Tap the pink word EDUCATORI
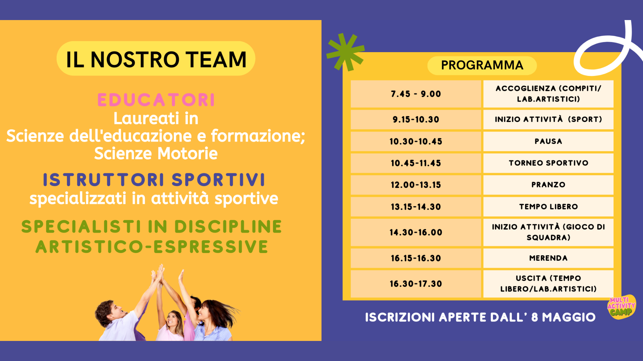(x=156, y=100)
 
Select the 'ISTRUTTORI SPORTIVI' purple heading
(x=154, y=179)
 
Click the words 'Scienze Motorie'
(x=156, y=153)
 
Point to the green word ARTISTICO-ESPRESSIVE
(x=152, y=247)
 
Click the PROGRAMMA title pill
(x=482, y=65)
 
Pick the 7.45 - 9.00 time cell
(x=416, y=94)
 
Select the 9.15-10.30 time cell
(x=416, y=119)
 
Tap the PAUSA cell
(x=548, y=141)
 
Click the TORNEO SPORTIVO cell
(x=548, y=163)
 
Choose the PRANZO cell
(x=548, y=185)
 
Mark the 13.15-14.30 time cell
(x=416, y=207)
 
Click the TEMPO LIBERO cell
(x=548, y=207)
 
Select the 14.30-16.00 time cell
(x=416, y=232)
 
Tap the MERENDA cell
(x=548, y=258)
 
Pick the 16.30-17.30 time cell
(x=416, y=284)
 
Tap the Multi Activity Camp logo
(x=622, y=307)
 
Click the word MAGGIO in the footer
(x=569, y=317)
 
